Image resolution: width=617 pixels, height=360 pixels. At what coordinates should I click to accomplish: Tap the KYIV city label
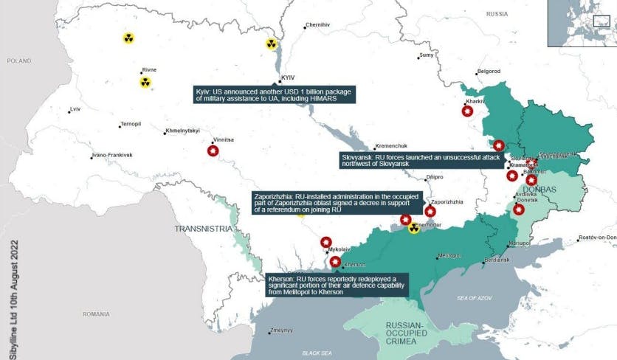coord(288,77)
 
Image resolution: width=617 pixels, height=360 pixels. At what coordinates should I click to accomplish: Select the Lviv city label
coord(74,109)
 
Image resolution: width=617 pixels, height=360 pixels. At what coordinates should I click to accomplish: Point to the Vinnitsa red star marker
coord(213,151)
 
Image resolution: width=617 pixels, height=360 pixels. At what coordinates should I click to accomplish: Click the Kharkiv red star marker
coord(467,111)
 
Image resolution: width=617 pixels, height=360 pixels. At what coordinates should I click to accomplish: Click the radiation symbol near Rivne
coord(145,82)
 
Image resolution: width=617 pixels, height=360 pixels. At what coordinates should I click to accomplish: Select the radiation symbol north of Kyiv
coord(272,44)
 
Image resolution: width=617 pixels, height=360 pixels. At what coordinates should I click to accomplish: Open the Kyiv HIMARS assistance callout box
coord(275,94)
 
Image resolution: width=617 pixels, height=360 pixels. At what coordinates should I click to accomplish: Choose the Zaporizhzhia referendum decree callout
coord(336,203)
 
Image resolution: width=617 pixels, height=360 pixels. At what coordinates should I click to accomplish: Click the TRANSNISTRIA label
coord(203,229)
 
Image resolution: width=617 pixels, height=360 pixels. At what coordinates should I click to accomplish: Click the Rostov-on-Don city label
coord(597,237)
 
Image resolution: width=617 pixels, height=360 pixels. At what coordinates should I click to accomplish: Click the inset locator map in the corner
coord(581,23)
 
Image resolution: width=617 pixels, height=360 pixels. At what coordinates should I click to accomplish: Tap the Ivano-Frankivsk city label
coord(111,156)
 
